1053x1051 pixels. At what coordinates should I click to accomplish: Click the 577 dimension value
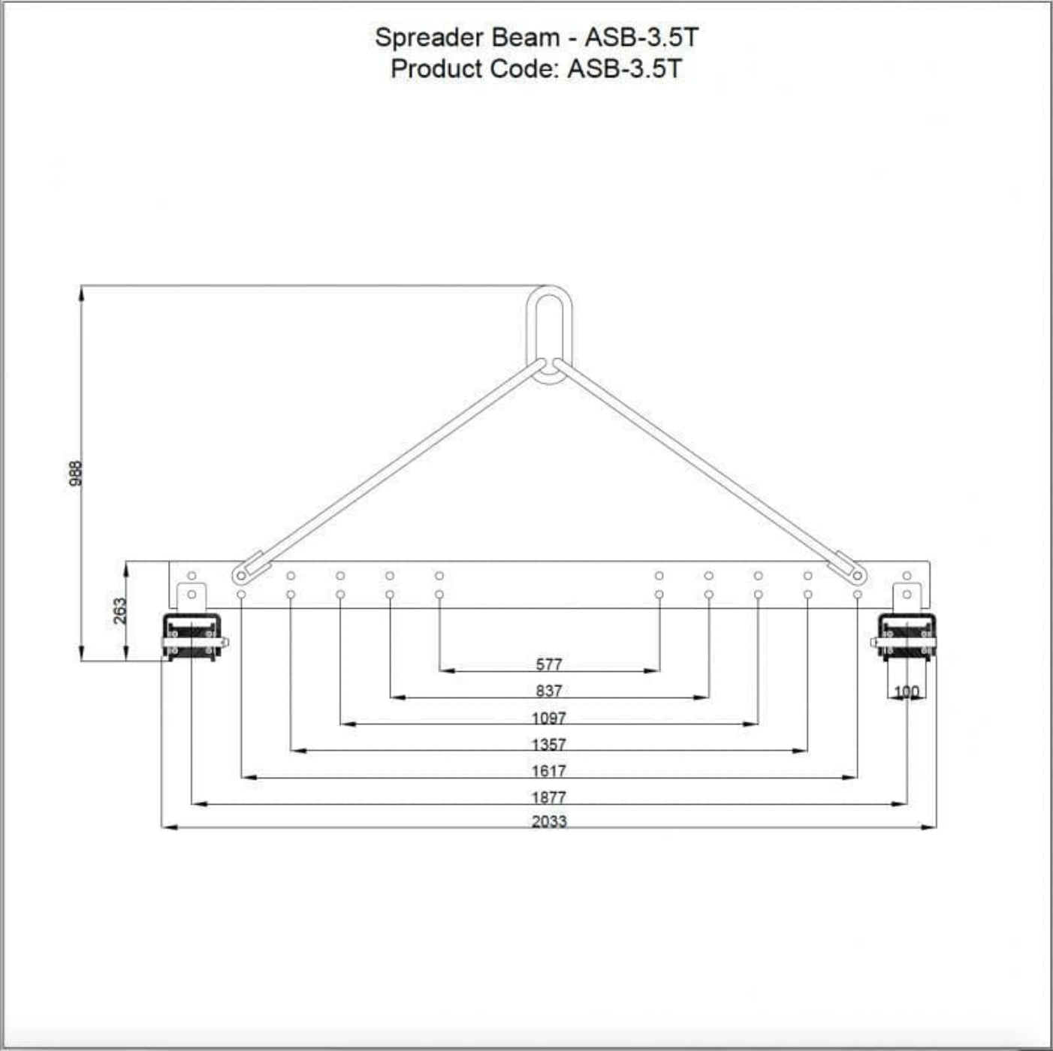coord(549,664)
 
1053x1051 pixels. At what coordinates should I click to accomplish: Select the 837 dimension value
coord(549,691)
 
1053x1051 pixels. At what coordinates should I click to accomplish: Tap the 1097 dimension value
coord(549,718)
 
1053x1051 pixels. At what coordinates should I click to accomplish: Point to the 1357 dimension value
coord(549,745)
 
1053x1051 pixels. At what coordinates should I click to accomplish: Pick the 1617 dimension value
coord(549,771)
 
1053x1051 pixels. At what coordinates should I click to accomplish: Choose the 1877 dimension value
coord(549,797)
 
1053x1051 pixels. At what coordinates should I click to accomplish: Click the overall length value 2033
coord(549,821)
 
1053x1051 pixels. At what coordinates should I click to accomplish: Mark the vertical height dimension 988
coord(75,474)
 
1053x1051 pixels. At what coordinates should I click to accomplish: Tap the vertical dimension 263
coord(120,610)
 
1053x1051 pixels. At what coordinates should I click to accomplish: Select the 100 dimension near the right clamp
coord(907,692)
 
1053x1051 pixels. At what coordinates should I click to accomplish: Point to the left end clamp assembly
coord(193,637)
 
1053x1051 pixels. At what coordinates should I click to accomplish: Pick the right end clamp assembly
coord(907,637)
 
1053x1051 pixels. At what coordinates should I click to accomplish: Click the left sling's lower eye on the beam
coord(240,576)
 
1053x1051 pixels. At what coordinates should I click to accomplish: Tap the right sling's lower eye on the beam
coord(858,576)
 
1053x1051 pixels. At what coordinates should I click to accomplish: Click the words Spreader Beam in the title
coord(467,38)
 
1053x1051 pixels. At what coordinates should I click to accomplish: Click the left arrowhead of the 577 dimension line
coord(444,670)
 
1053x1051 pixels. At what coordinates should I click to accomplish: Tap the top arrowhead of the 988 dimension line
coord(81,291)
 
